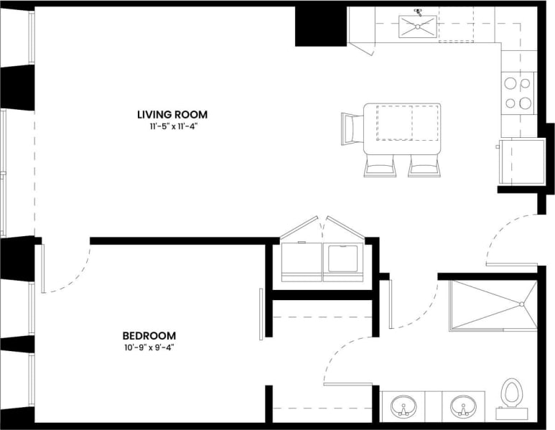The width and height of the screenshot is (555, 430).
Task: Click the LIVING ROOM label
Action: (172, 114)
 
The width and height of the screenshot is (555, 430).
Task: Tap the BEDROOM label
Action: (149, 335)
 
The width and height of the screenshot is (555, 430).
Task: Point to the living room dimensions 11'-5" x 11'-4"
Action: (172, 127)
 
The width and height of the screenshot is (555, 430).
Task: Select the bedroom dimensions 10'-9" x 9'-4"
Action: (149, 347)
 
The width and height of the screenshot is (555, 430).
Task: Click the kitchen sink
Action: (416, 27)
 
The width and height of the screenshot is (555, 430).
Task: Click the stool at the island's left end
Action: (353, 128)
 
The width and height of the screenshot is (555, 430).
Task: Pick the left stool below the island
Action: (381, 166)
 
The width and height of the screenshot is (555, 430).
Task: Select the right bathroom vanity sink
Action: (462, 406)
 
